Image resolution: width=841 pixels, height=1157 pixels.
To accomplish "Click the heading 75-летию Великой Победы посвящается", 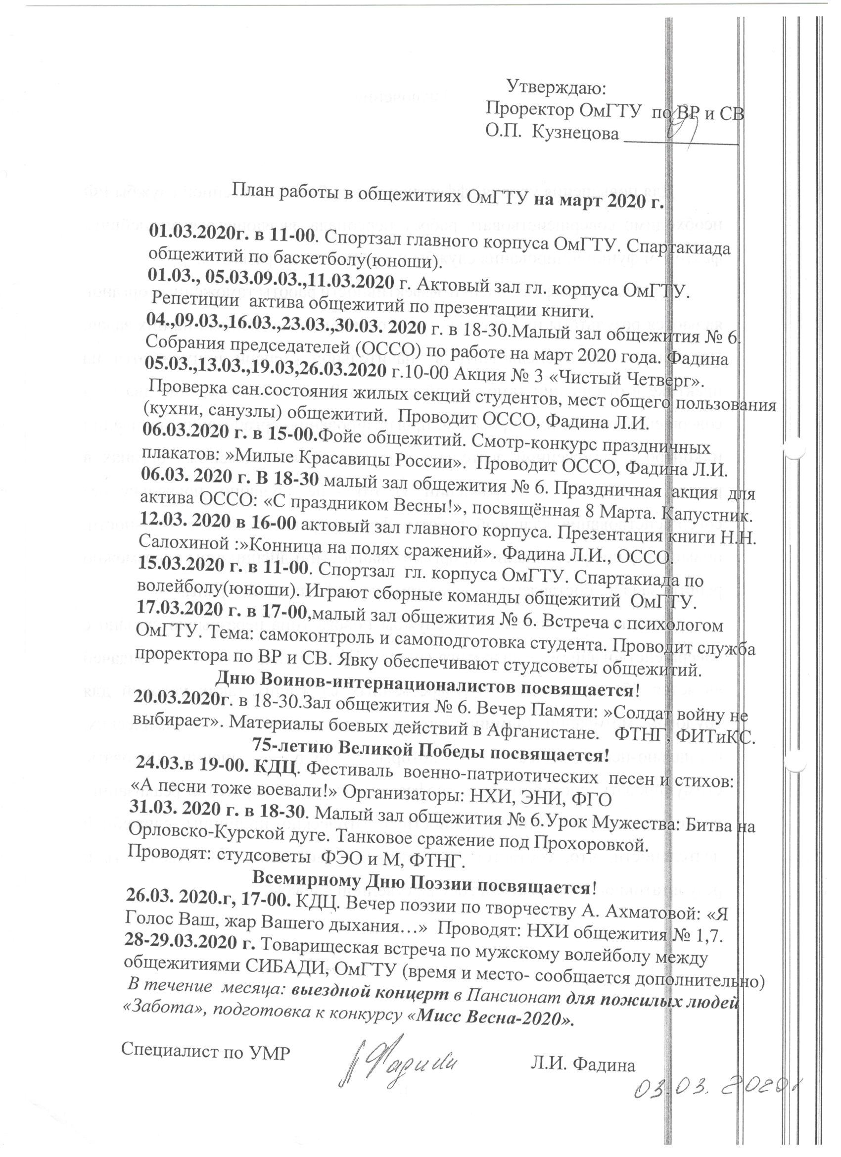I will point(431,756).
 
